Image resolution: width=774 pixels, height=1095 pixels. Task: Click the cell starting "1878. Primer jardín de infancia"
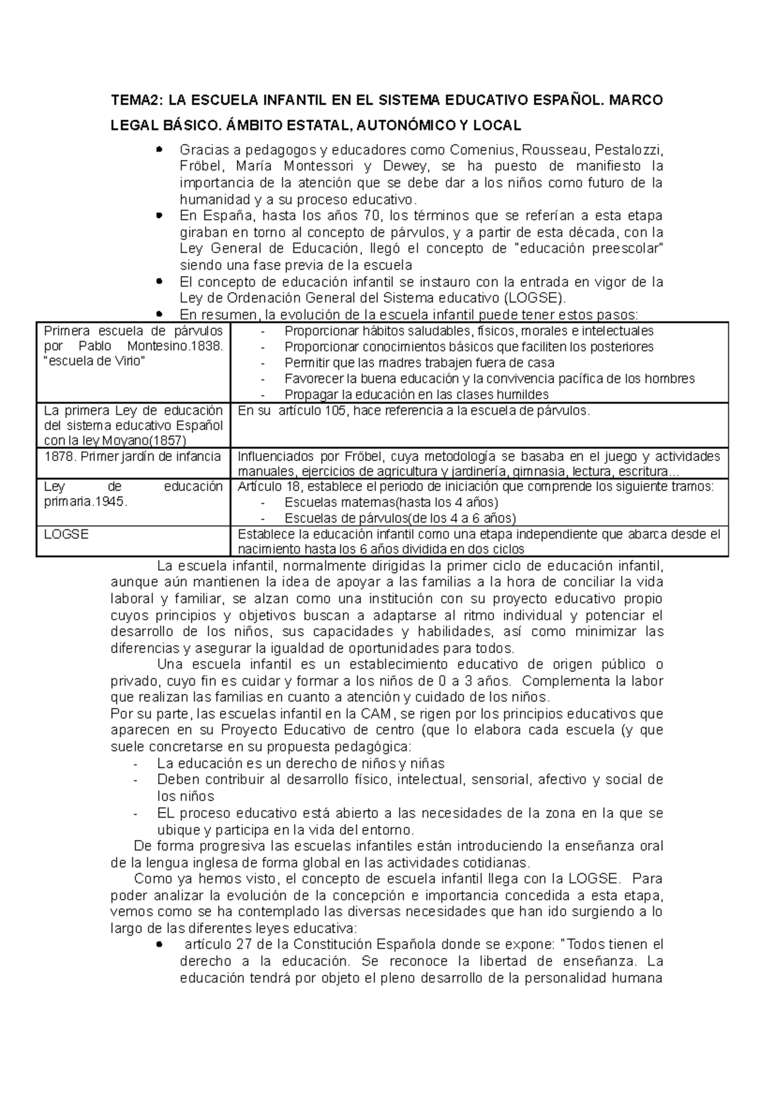click(132, 457)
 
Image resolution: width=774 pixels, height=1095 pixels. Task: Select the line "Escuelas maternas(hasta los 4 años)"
click(391, 502)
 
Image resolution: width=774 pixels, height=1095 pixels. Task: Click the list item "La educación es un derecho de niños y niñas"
click(301, 764)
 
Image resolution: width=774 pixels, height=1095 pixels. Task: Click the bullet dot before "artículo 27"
click(160, 943)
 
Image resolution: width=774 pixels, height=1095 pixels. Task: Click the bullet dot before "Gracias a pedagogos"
click(160, 149)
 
